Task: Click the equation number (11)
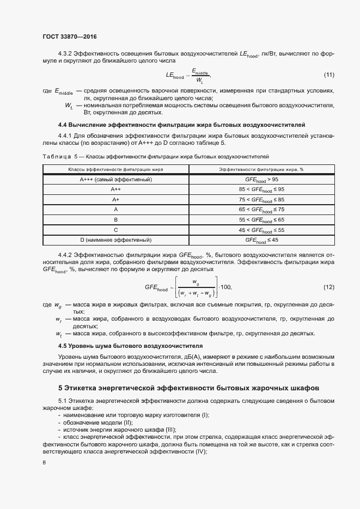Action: click(329, 75)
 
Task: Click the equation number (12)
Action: click(329, 287)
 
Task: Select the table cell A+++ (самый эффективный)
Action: click(115, 179)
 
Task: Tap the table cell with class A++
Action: click(115, 189)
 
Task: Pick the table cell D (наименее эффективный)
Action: click(115, 240)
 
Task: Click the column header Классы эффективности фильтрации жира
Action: click(115, 169)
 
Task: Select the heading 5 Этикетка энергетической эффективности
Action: click(188, 388)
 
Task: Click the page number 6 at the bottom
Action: click(44, 462)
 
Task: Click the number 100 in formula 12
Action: click(227, 287)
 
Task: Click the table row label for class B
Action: click(115, 219)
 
